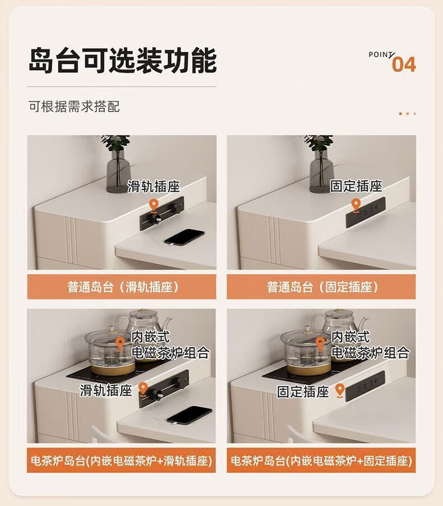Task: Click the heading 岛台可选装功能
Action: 123,61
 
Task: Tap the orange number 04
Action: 404,64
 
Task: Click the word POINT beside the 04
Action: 381,54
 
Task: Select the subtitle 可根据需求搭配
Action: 74,106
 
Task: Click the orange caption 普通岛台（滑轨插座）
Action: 122,286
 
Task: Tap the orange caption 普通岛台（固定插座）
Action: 321,286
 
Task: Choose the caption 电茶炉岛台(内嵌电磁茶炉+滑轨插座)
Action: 122,461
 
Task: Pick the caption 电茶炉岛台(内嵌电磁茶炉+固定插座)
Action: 321,461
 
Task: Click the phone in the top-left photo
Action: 184,237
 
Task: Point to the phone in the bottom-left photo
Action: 189,415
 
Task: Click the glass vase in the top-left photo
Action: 118,171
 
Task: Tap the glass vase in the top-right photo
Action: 321,171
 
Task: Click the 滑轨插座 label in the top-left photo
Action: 154,187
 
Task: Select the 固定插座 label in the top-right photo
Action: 356,186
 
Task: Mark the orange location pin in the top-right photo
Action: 356,206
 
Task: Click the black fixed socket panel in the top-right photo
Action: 366,211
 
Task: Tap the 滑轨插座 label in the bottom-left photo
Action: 106,390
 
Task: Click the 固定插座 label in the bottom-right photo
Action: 303,392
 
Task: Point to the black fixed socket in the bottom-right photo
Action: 365,386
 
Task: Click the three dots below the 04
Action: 408,114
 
